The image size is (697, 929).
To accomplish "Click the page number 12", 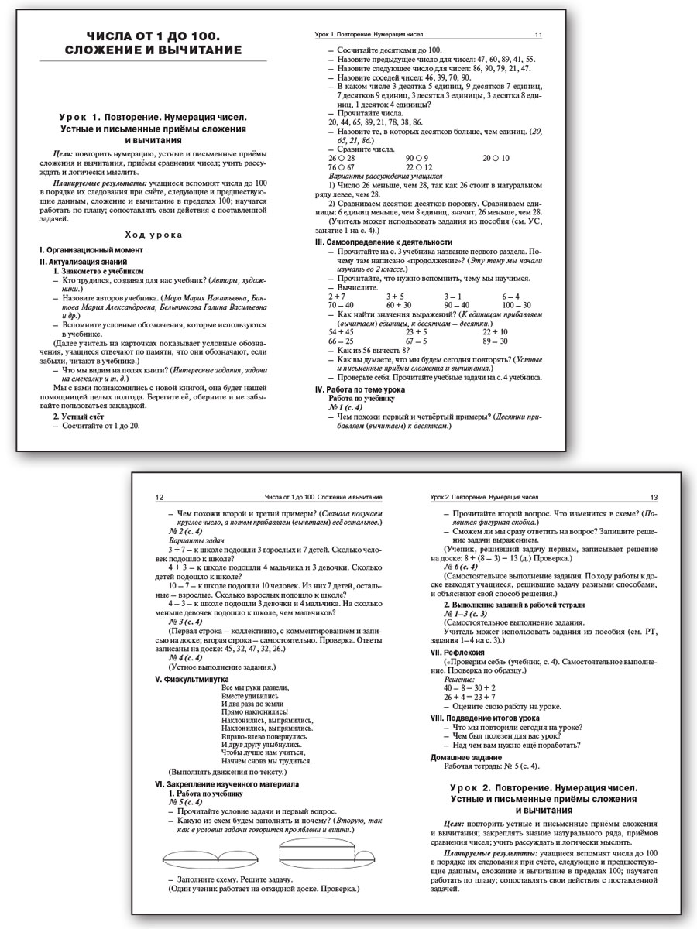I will [x=160, y=497].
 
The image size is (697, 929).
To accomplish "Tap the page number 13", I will [x=654, y=497].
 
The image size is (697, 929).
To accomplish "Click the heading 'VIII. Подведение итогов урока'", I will [x=484, y=718].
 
